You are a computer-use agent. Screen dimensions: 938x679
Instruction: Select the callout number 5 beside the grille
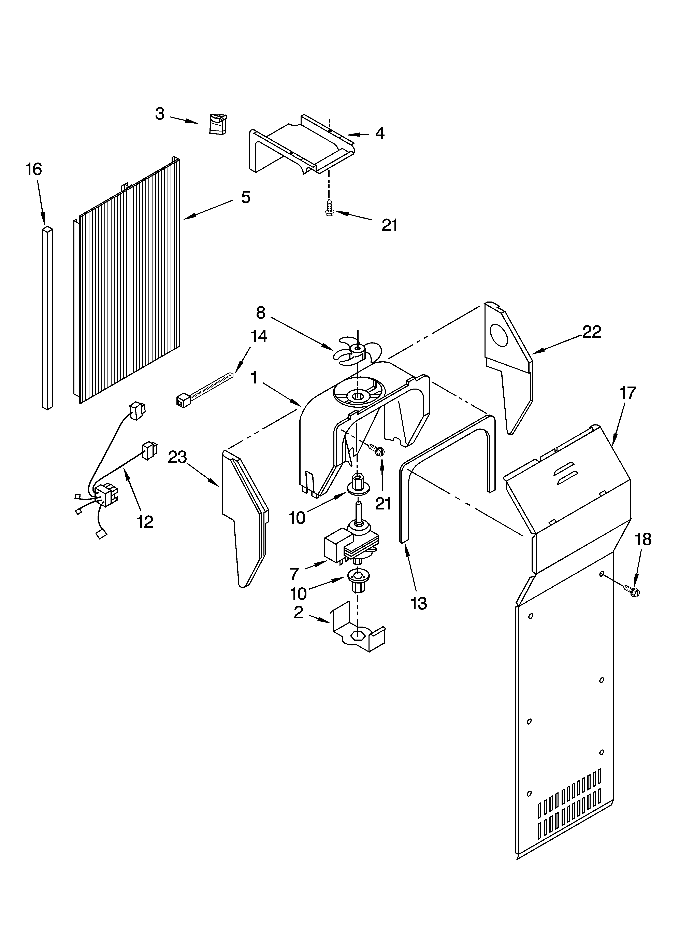[x=246, y=197]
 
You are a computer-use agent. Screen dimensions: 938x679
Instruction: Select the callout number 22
[x=591, y=332]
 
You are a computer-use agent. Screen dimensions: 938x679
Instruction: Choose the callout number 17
[x=627, y=392]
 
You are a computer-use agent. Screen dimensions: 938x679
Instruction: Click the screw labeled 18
[x=632, y=591]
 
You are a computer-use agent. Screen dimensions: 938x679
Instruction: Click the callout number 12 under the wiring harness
[x=145, y=522]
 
